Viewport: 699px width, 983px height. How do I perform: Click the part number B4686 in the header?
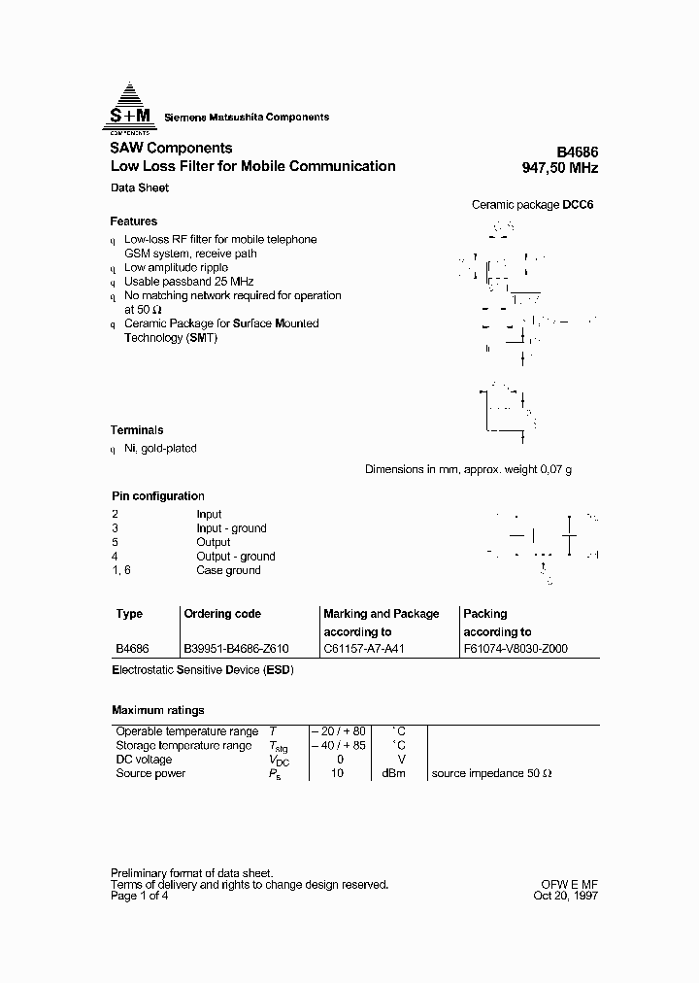click(577, 153)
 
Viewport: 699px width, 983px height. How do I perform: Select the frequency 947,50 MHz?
click(560, 168)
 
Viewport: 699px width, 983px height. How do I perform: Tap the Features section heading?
click(133, 221)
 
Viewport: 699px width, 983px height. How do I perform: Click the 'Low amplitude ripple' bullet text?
click(177, 267)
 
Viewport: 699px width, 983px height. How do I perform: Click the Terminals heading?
click(137, 430)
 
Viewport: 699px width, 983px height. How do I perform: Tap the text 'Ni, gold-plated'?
click(160, 449)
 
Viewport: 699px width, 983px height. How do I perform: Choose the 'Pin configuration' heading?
click(158, 496)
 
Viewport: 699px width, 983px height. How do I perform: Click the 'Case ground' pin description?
click(228, 570)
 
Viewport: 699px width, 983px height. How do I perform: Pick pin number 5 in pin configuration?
click(115, 542)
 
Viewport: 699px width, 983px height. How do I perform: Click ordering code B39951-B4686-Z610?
click(236, 648)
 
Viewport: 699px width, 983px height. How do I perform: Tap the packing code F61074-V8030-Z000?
click(516, 648)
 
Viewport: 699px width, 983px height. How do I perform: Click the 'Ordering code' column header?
click(222, 614)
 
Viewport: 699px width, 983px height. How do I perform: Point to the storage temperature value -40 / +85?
click(339, 746)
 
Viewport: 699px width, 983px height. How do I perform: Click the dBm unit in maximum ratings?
click(392, 773)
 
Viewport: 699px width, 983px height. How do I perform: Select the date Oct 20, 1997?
click(566, 898)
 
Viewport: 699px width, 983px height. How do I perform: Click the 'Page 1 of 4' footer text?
click(142, 898)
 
